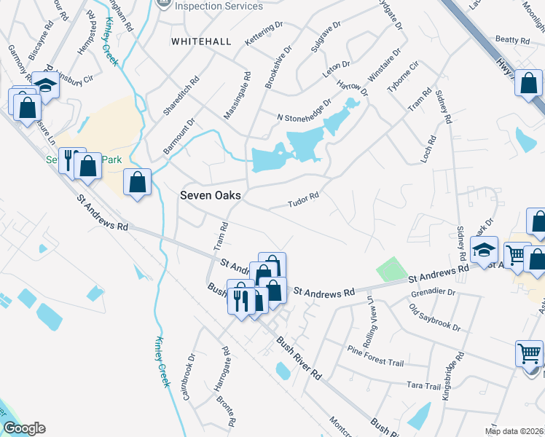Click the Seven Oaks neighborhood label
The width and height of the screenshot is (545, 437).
[x=211, y=196]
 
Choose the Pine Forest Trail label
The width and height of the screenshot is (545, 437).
[x=375, y=353]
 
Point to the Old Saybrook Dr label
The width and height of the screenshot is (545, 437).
[x=435, y=318]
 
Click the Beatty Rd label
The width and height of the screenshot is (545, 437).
[x=511, y=39]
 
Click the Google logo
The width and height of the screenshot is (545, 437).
[x=24, y=428]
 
